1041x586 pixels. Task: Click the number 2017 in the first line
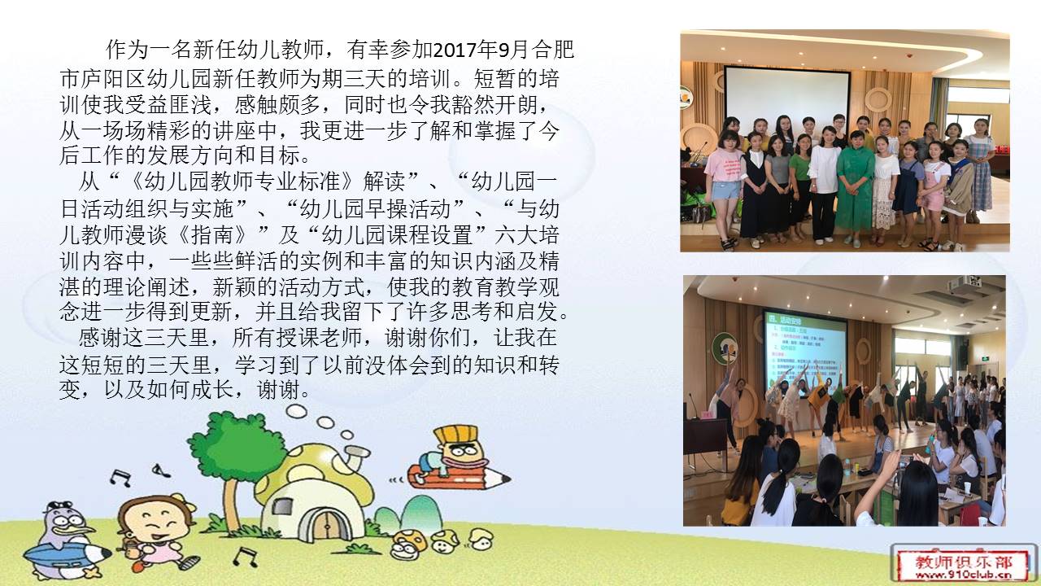click(455, 50)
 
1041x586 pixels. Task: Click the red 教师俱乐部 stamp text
click(963, 562)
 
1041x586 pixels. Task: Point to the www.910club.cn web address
click(963, 575)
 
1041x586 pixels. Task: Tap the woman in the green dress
click(854, 187)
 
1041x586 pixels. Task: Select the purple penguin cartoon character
click(65, 540)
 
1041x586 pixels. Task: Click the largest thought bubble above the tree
click(296, 412)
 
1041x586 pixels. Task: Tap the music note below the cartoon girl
click(246, 556)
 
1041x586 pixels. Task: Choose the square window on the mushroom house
click(281, 506)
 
